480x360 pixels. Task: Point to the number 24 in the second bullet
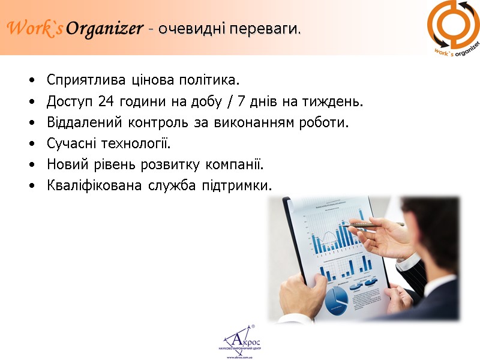pos(106,102)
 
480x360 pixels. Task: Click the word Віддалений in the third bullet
pos(84,123)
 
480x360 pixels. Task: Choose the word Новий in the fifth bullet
pos(64,165)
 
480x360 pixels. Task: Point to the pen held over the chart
pos(372,224)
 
